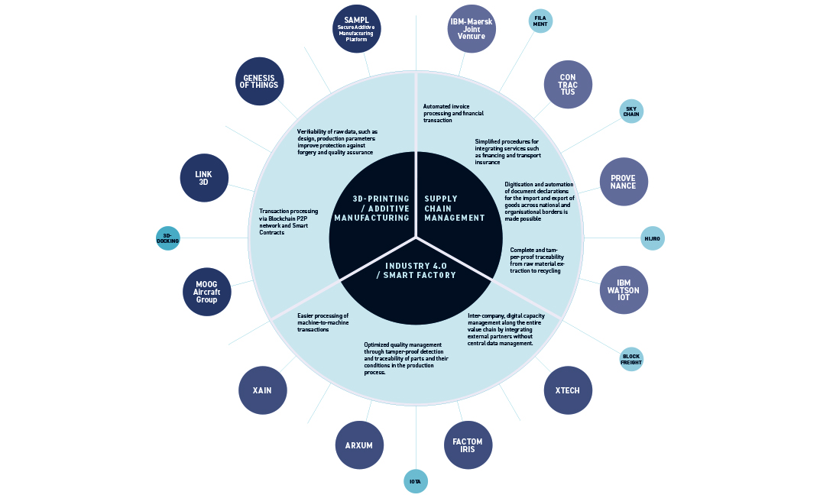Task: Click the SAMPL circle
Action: click(x=357, y=29)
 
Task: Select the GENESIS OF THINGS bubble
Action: click(x=259, y=82)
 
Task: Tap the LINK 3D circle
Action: click(x=204, y=178)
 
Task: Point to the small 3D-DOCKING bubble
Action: click(x=168, y=238)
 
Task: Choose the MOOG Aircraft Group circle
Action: click(x=206, y=292)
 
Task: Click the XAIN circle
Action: click(x=263, y=390)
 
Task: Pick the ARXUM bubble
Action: click(x=359, y=445)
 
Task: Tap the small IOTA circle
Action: click(x=416, y=481)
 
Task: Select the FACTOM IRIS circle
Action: click(x=468, y=445)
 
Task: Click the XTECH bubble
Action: click(x=568, y=390)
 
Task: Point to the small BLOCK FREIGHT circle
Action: click(x=631, y=360)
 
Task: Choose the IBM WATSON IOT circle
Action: click(x=624, y=290)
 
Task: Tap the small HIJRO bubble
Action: click(x=653, y=238)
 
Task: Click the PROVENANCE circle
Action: click(x=624, y=182)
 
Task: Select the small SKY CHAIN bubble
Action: click(x=631, y=112)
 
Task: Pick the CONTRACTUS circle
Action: click(x=568, y=85)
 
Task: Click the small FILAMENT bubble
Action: click(x=540, y=21)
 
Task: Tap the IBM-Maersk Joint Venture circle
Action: click(x=472, y=29)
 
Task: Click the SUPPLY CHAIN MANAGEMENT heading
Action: click(x=455, y=208)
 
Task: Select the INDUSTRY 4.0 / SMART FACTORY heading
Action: click(x=416, y=270)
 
